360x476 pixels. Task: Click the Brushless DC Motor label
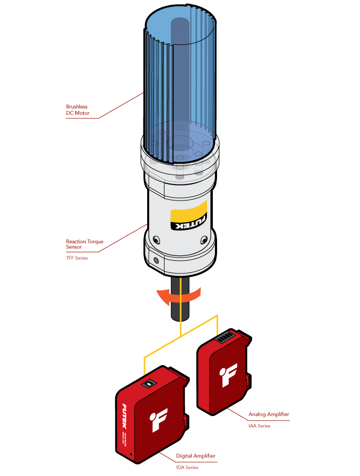click(77, 109)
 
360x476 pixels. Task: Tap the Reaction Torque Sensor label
click(84, 244)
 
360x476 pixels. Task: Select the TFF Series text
click(77, 258)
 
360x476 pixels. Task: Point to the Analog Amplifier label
click(268, 414)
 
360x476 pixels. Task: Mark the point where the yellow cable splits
click(181, 334)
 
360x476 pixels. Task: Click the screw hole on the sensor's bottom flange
click(156, 261)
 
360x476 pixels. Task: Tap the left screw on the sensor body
click(155, 240)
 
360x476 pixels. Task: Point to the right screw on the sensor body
click(203, 241)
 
